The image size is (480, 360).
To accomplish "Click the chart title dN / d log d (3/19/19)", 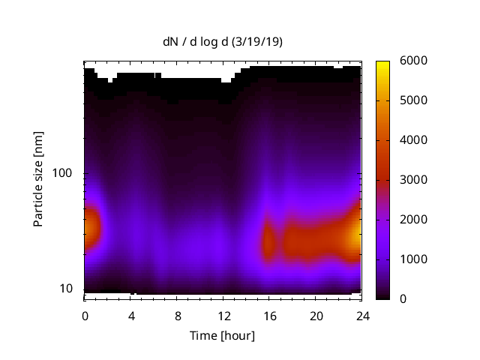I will tap(223, 42).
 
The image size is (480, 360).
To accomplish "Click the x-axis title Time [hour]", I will tap(223, 335).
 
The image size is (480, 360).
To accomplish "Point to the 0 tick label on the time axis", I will tap(85, 315).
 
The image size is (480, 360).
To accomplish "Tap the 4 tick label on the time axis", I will tap(131, 315).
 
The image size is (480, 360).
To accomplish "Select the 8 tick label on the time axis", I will tap(178, 315).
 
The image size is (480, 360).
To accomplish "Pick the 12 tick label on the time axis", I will tap(223, 315).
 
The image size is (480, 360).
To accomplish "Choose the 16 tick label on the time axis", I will tap(270, 315).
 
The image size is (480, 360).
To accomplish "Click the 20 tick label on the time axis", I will tap(316, 315).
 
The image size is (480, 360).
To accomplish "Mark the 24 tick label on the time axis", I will tap(362, 315).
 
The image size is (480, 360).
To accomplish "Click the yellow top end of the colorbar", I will tap(382, 64).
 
